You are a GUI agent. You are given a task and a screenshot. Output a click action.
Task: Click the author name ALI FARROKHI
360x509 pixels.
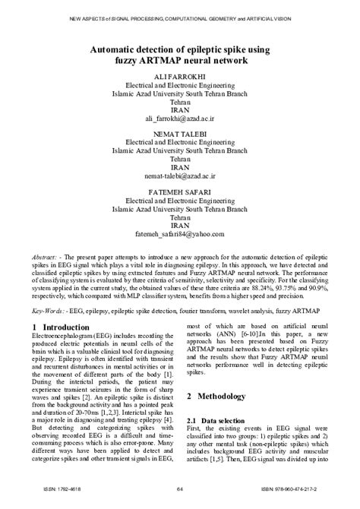[x=179, y=77]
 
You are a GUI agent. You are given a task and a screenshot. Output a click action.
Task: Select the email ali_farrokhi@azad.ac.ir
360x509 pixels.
[x=179, y=119]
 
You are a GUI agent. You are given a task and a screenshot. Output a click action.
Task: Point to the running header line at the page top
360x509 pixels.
[x=179, y=18]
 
